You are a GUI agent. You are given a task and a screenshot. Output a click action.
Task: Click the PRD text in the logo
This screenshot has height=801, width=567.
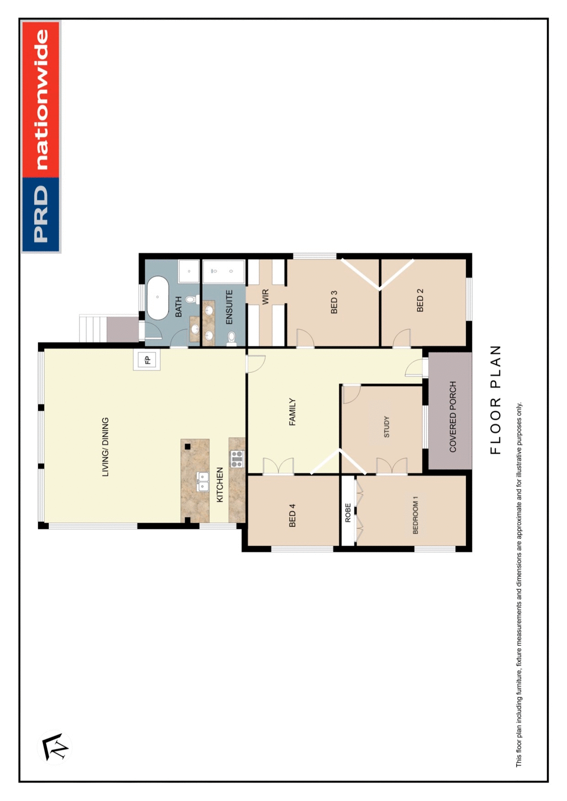(x=41, y=214)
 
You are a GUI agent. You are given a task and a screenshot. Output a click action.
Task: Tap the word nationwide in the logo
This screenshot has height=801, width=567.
(x=41, y=100)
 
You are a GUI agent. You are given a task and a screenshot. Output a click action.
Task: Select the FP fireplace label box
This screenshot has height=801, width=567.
(x=147, y=360)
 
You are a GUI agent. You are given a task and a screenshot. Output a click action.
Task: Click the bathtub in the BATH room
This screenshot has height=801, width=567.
(x=158, y=298)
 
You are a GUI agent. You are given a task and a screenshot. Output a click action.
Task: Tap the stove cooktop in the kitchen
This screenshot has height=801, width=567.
(x=237, y=458)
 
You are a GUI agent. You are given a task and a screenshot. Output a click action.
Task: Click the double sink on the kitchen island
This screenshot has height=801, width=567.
(x=203, y=482)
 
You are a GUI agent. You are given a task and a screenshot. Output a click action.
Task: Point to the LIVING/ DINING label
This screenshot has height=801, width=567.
(x=106, y=447)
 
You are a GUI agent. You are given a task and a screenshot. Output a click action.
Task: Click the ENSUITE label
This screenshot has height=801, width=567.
(x=230, y=307)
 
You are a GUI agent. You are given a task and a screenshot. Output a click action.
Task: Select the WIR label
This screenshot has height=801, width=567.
(x=266, y=297)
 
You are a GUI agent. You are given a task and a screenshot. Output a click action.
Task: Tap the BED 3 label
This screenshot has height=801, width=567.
(x=334, y=302)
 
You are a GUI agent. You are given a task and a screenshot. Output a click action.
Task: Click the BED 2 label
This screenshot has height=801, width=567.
(x=420, y=300)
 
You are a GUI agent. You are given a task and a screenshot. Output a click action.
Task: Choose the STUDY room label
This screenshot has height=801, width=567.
(x=387, y=427)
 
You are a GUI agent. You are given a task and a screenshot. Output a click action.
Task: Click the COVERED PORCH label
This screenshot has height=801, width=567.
(x=453, y=417)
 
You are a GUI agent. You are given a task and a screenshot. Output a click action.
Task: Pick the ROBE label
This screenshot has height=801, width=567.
(x=348, y=513)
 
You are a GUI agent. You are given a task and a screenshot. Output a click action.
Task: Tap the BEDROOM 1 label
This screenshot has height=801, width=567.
(x=415, y=515)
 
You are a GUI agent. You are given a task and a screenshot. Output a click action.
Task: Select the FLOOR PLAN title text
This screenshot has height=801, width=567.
(x=496, y=400)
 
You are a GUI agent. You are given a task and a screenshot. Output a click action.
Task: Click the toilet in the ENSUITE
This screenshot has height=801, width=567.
(x=232, y=338)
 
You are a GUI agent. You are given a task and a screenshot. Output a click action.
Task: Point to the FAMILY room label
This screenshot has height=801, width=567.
(x=293, y=412)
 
